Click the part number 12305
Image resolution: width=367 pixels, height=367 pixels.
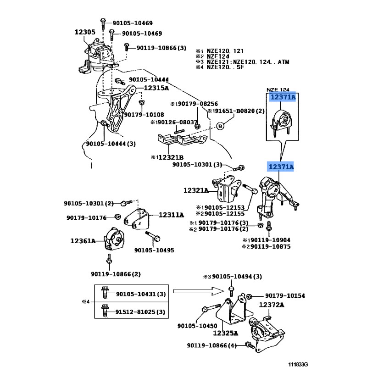pyautogui.click(x=85, y=32)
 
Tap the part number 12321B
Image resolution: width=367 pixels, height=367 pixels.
pyautogui.click(x=169, y=157)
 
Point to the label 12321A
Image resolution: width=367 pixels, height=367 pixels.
pyautogui.click(x=196, y=190)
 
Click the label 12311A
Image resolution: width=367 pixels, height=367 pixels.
pyautogui.click(x=172, y=215)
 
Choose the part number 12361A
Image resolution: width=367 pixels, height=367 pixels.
pyautogui.click(x=83, y=240)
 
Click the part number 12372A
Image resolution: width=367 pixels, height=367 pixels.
pyautogui.click(x=272, y=305)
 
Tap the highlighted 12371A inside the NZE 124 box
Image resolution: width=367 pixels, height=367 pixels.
pyautogui.click(x=282, y=98)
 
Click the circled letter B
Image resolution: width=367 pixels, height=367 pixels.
pyautogui.click(x=220, y=126)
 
